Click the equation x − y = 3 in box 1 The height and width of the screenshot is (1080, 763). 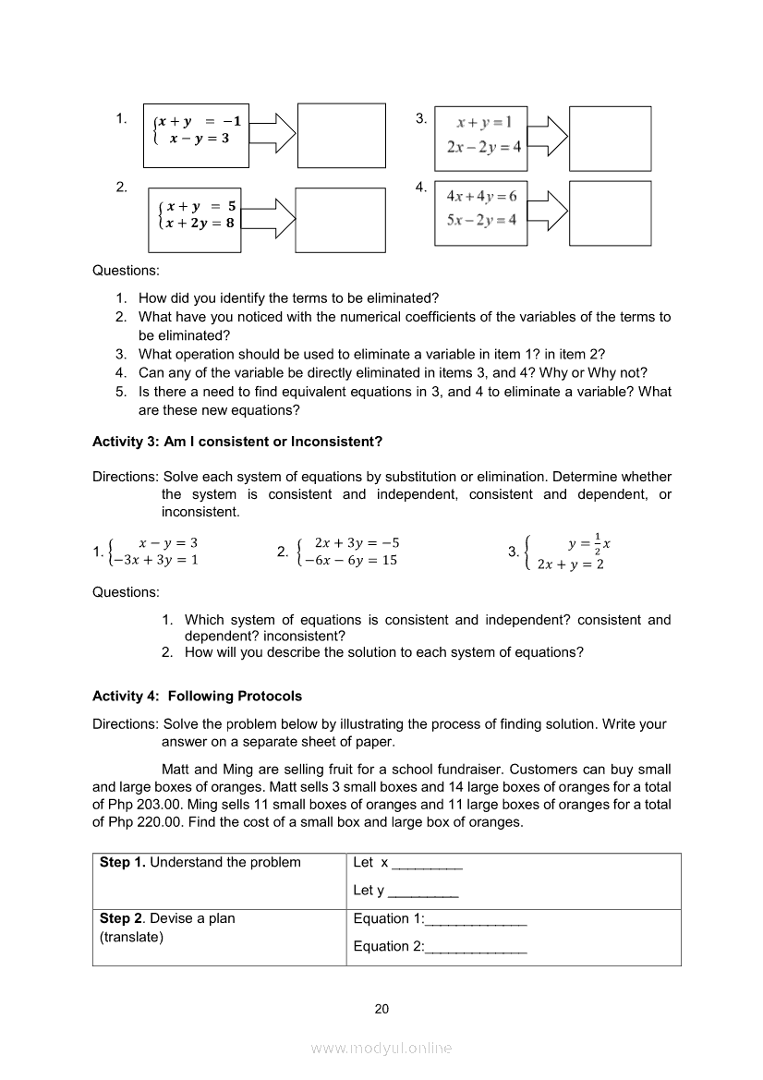pyautogui.click(x=199, y=138)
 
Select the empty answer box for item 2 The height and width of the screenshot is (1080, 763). pyautogui.click(x=340, y=220)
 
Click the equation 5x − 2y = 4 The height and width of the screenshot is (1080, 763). pyautogui.click(x=481, y=219)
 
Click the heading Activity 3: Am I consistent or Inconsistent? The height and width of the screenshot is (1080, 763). pyautogui.click(x=237, y=442)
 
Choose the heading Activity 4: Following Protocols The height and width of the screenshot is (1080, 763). pyautogui.click(x=197, y=696)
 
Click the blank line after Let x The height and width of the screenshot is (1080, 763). pyautogui.click(x=427, y=864)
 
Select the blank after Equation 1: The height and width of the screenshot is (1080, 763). pyautogui.click(x=476, y=920)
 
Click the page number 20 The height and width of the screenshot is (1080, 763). pyautogui.click(x=381, y=1009)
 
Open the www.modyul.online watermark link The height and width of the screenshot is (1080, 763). pyautogui.click(x=381, y=1048)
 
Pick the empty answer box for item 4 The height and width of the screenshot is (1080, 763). pyautogui.click(x=610, y=213)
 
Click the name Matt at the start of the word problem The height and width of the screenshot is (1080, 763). pyautogui.click(x=176, y=769)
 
